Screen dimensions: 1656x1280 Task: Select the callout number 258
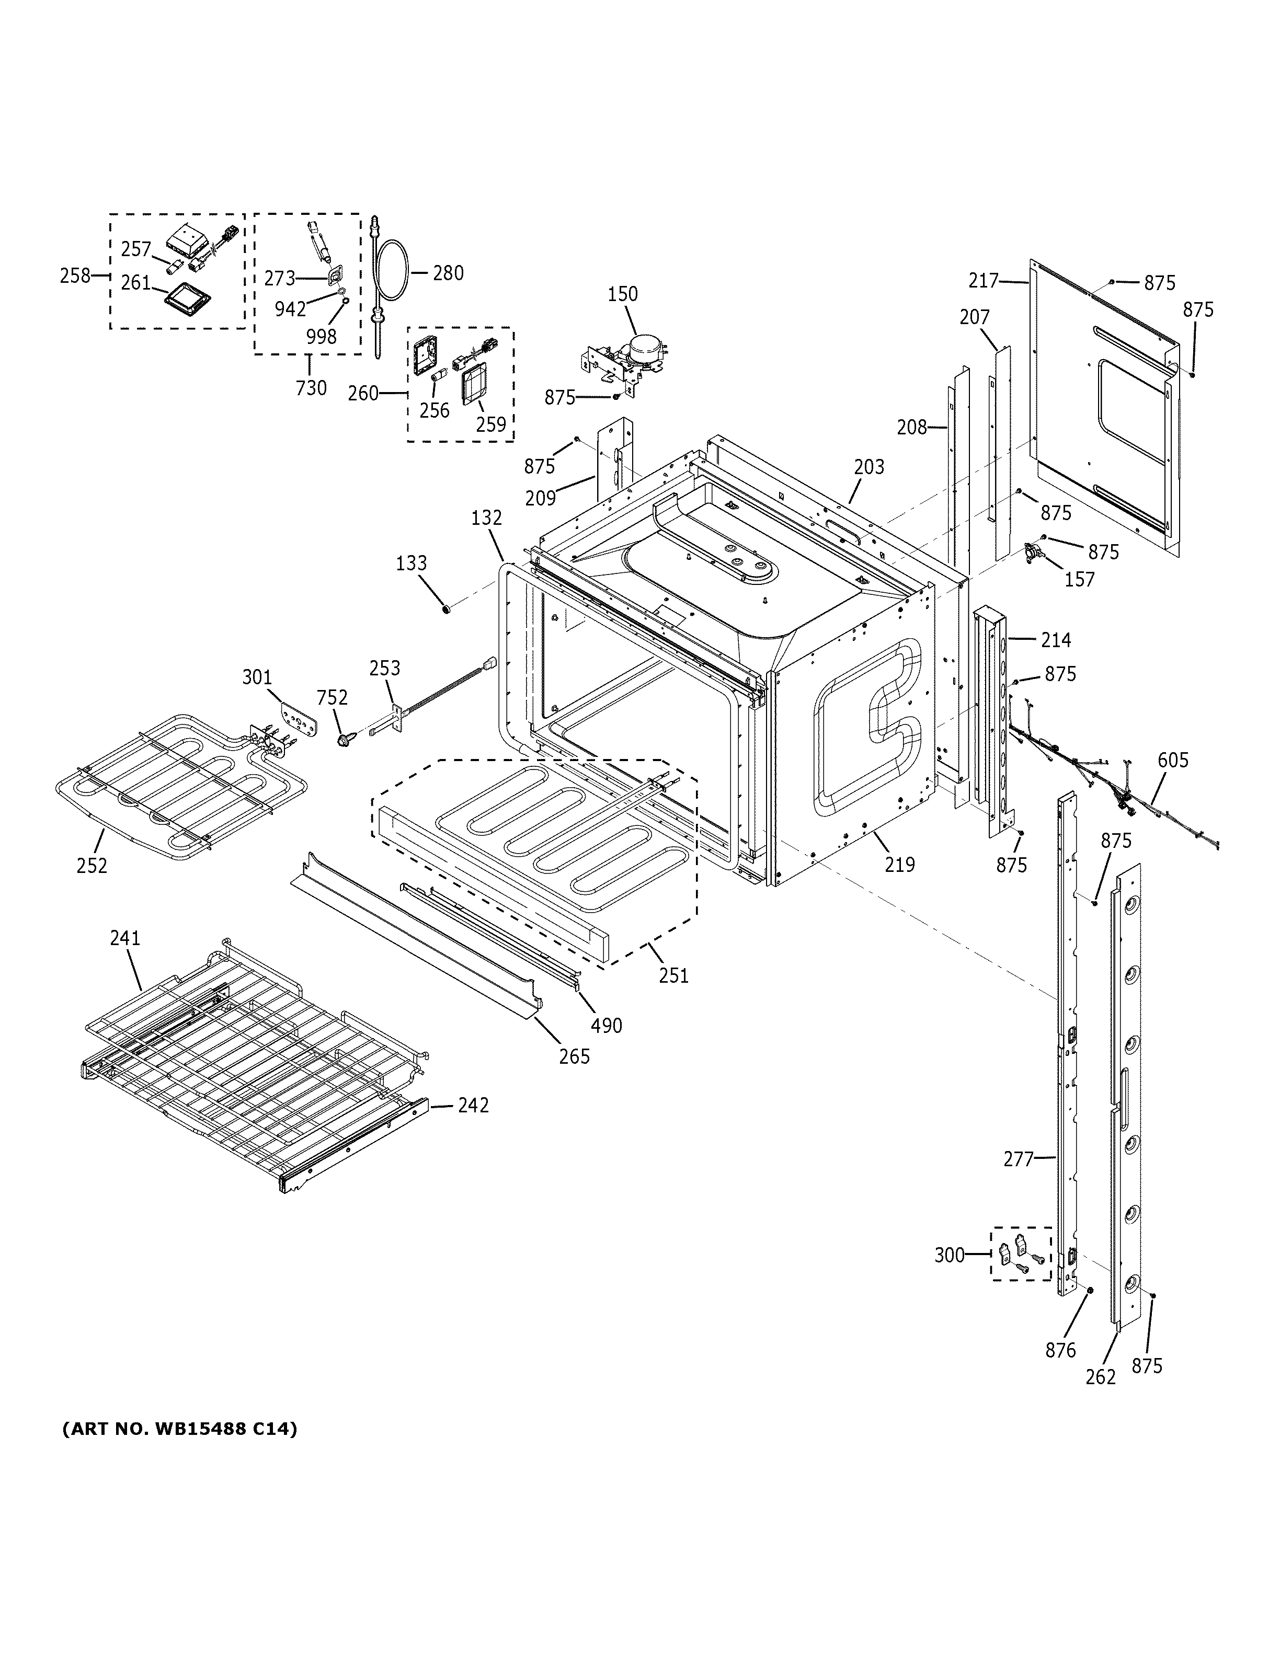[75, 275]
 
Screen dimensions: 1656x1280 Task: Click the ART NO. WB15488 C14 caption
[179, 1429]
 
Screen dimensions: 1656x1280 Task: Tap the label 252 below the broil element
[92, 865]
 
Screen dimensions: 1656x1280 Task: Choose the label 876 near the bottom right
[1060, 1350]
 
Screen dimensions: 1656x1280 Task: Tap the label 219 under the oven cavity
[900, 865]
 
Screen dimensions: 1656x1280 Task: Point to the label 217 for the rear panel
[984, 281]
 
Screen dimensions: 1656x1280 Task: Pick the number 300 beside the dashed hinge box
[948, 1255]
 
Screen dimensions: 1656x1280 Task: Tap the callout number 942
[290, 308]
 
